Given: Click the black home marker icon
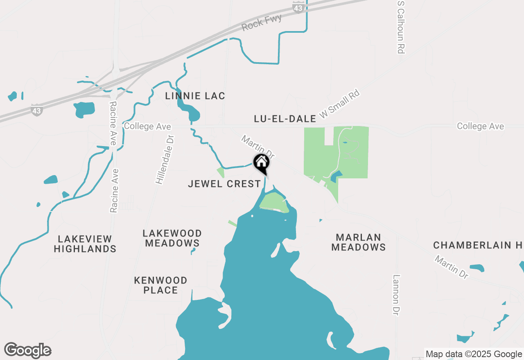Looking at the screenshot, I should click(261, 163).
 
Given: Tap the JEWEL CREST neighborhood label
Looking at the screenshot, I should click(224, 184).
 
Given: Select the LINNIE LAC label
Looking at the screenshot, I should click(195, 96).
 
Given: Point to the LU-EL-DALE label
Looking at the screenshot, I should click(285, 119).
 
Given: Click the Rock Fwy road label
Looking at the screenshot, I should click(262, 23).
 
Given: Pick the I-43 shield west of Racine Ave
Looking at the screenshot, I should click(36, 110).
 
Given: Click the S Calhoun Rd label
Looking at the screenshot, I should click(400, 27).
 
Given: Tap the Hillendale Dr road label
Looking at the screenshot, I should click(165, 160).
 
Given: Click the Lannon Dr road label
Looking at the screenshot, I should click(396, 295).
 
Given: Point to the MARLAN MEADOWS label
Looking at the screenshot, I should click(359, 242).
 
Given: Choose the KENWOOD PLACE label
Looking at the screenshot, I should click(161, 285).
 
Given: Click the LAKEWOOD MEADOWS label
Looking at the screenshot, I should click(172, 238).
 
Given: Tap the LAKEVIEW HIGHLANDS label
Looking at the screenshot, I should click(85, 244).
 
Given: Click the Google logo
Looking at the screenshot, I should click(28, 350).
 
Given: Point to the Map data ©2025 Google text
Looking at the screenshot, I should click(474, 354).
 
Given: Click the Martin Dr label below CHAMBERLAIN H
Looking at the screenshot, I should click(452, 267).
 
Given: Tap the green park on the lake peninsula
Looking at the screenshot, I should click(273, 202).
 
